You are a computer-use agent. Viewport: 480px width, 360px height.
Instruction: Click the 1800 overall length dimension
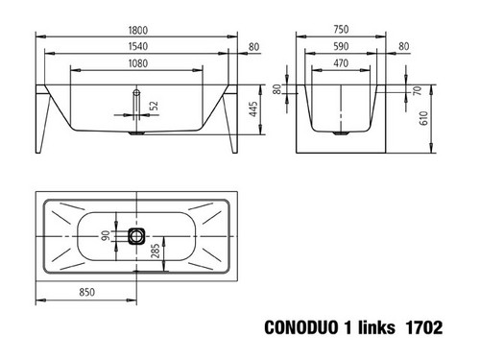pos(138,31)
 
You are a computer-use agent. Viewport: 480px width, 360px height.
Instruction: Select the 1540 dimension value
pos(138,46)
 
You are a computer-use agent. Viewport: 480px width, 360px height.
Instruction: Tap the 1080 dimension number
pos(138,63)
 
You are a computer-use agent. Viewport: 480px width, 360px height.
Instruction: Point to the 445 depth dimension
pos(253,109)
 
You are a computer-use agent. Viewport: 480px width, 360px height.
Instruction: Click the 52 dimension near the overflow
pos(154,106)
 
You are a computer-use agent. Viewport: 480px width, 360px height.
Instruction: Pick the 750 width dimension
pos(341,30)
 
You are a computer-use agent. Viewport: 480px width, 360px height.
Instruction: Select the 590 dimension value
pos(341,46)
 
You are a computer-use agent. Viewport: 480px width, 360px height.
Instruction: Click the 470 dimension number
pos(341,63)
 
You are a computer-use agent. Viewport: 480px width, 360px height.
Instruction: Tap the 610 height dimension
pos(423,118)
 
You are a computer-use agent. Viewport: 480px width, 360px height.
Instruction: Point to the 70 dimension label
pos(418,91)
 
